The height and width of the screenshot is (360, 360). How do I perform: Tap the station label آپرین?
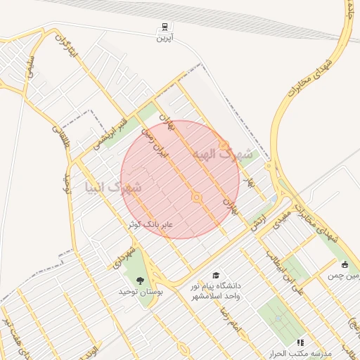coord(164,39)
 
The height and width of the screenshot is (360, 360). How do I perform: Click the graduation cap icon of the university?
coord(216,276)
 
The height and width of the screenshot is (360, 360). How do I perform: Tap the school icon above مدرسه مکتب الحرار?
coord(301,342)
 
